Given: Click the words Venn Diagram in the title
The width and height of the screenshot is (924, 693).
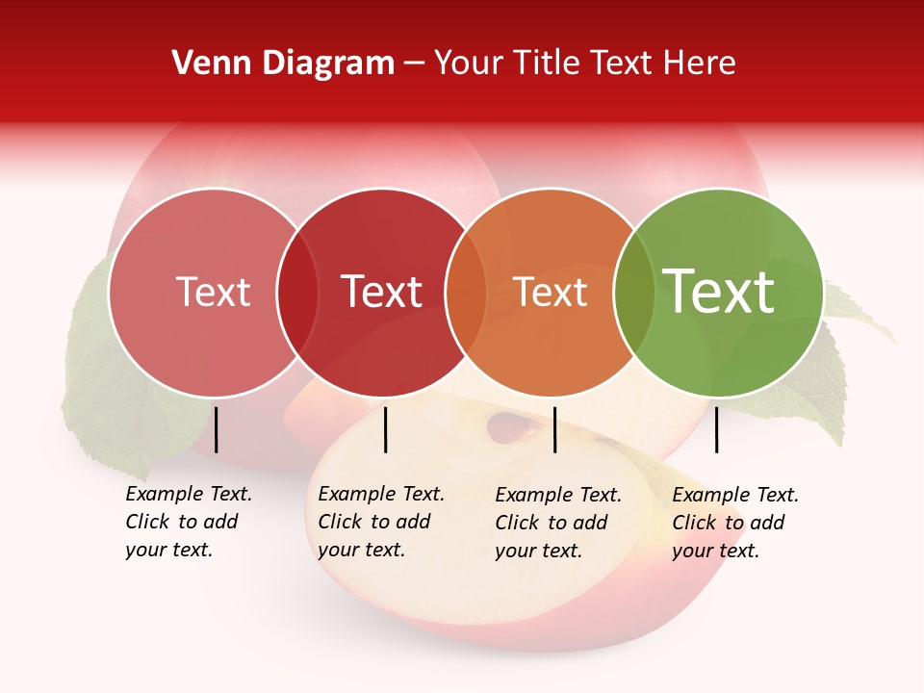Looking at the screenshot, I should coord(283,64).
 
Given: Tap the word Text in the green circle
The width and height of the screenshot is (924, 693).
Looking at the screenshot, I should coord(719,291).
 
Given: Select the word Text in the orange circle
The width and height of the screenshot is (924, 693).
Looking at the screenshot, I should coord(551,293).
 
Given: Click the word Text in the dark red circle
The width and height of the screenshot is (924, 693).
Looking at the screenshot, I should coord(382,292).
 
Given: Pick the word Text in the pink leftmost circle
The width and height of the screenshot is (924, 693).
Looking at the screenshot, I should coord(214,292).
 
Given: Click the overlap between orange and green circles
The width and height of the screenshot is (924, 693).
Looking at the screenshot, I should coord(634,293).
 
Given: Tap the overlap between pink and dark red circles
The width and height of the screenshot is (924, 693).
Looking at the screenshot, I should coord(297,293).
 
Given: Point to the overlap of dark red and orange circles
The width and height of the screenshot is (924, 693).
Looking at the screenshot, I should coord(466,293).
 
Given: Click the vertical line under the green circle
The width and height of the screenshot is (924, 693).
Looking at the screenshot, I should coord(716,429).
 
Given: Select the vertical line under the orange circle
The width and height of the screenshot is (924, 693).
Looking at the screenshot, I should coord(555,429).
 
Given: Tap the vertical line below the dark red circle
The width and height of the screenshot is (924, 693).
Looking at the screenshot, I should coord(385,429).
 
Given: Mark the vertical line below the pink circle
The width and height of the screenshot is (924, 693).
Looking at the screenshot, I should coord(217,429).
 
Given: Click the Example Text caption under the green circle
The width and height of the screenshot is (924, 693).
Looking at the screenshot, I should coord(735,523).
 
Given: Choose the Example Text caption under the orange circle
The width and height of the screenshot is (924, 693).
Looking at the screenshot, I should coord(558,523).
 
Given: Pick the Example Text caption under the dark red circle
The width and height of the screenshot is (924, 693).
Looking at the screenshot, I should coord(381,522).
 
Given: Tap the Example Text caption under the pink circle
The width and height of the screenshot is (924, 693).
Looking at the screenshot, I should coord(189,522).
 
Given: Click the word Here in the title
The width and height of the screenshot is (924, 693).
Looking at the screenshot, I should coord(702,64).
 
